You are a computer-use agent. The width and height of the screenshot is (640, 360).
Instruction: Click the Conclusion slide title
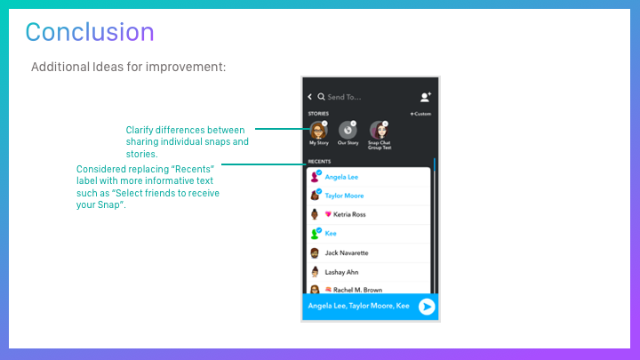[90, 32]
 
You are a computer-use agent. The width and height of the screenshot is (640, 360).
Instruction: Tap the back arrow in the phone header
[310, 97]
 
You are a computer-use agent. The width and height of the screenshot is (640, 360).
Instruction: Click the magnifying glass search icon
[321, 97]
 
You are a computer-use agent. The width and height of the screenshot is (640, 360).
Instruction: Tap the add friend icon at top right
[425, 97]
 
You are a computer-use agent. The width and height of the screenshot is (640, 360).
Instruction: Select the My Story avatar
[318, 130]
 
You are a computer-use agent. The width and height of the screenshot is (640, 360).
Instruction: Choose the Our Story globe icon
[348, 130]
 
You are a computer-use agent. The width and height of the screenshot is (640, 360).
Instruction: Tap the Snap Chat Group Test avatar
[380, 130]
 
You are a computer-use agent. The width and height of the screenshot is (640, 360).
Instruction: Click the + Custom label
[420, 114]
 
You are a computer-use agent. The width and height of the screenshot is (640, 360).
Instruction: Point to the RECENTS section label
[319, 162]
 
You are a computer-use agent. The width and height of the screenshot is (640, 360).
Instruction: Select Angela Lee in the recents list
[341, 177]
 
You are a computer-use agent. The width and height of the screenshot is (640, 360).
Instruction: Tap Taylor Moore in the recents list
[344, 196]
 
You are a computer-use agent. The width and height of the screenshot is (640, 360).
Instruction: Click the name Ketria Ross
[349, 214]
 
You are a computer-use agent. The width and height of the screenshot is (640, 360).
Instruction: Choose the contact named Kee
[331, 234]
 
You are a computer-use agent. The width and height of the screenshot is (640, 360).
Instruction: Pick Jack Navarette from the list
[347, 253]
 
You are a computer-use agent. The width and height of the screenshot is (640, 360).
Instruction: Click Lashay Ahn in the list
[341, 272]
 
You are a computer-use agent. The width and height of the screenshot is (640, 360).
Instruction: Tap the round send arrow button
[427, 307]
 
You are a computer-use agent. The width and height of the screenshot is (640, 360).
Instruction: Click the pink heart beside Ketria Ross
[328, 214]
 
